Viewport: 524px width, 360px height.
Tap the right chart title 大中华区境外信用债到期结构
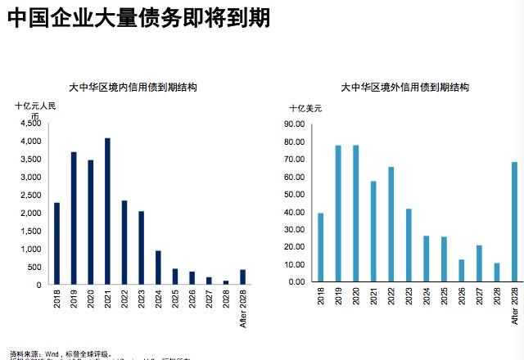click(x=404, y=87)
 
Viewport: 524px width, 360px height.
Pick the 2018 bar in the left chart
click(x=56, y=244)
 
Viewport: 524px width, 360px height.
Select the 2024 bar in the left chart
click(x=158, y=268)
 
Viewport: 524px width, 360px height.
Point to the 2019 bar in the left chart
click(x=74, y=218)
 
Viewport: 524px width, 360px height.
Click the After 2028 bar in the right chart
click(x=514, y=222)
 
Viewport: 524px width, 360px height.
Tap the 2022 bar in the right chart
click(x=391, y=224)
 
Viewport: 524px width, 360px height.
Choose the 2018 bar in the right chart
click(x=320, y=247)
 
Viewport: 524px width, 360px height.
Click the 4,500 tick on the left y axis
click(x=30, y=124)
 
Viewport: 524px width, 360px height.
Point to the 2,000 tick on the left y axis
click(x=30, y=214)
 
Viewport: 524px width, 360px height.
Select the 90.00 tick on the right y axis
click(x=293, y=124)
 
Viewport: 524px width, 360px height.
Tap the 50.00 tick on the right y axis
click(x=293, y=194)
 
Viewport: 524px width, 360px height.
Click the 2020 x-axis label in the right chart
click(x=356, y=300)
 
